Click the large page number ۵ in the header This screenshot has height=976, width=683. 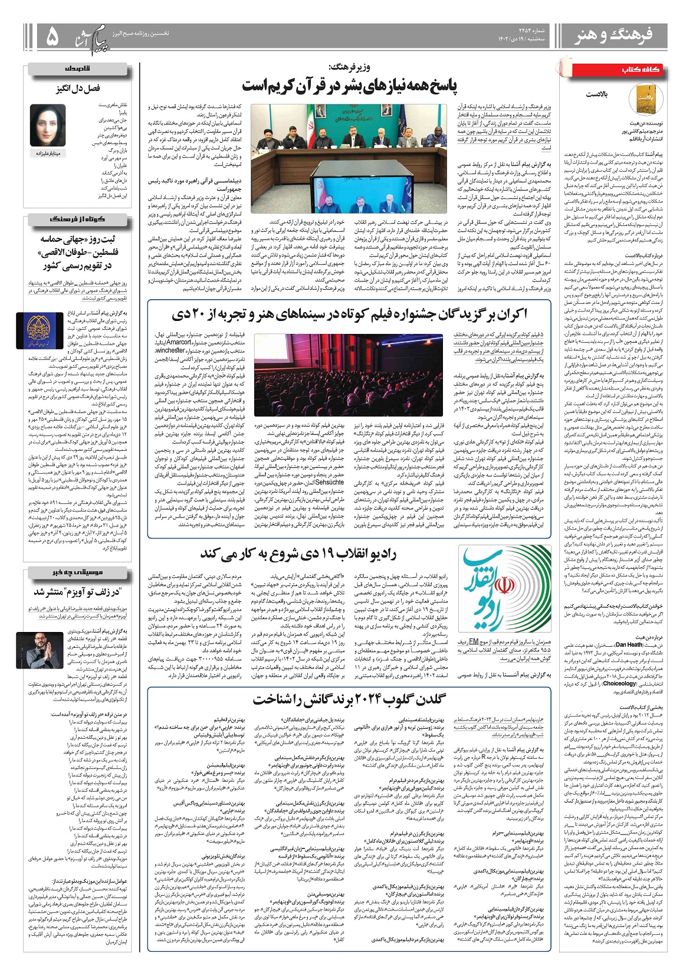(53, 37)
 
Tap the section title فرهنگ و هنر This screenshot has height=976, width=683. (613, 37)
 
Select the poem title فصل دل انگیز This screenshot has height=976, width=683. (78, 89)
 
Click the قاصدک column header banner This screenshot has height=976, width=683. (77, 69)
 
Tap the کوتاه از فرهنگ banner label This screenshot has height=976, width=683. (77, 219)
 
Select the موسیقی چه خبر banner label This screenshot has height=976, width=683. (77, 572)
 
